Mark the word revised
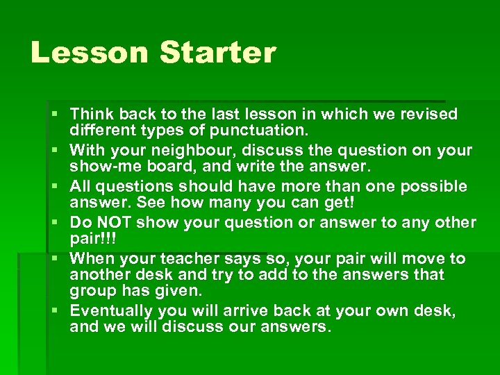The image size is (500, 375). point(428,114)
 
